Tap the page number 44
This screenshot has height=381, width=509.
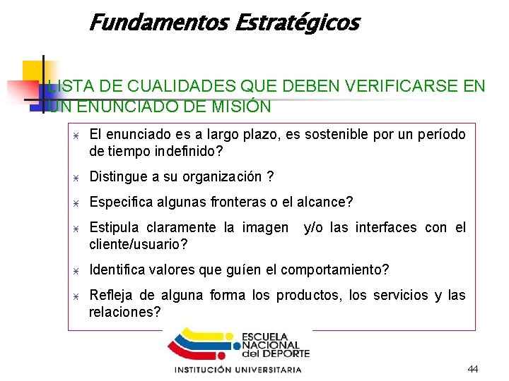(x=473, y=370)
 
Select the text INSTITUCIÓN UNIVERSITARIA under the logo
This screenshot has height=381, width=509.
(x=238, y=370)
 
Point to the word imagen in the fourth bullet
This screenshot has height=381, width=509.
(x=265, y=227)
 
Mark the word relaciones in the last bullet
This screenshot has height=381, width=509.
(x=124, y=312)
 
